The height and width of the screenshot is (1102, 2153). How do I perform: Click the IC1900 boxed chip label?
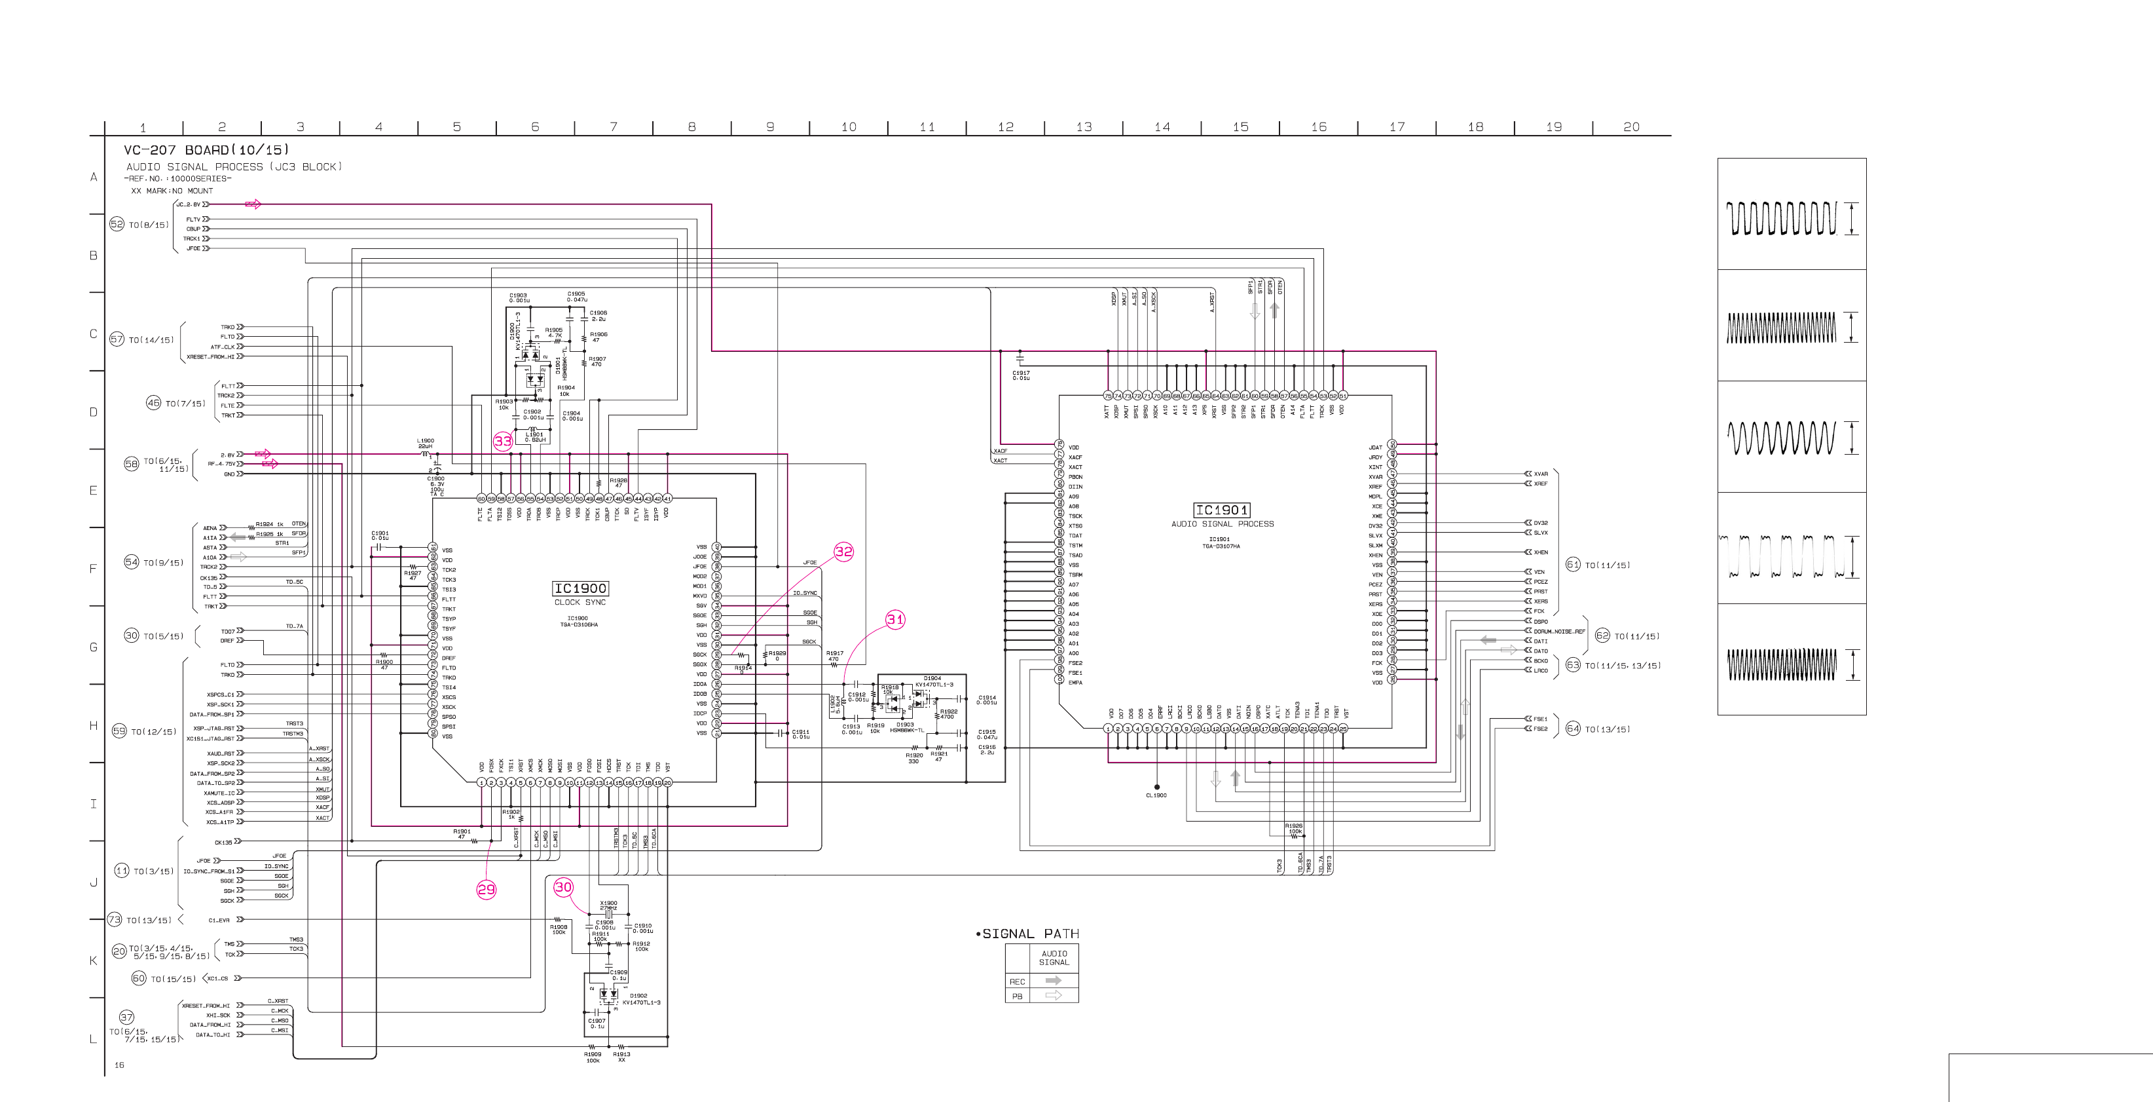point(580,588)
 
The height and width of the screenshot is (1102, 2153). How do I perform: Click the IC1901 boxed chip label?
point(1221,510)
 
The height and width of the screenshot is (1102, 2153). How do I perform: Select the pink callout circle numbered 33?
point(502,442)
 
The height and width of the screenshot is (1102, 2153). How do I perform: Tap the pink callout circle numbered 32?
point(844,552)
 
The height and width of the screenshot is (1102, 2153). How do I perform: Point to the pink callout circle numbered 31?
point(895,620)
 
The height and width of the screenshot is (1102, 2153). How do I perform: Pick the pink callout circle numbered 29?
point(487,890)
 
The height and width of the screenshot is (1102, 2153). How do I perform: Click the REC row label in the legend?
point(1016,981)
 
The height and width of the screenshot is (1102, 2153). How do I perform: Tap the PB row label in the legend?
point(1016,997)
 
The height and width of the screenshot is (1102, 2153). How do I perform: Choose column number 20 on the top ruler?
point(1630,127)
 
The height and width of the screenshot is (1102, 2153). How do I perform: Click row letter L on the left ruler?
point(94,1039)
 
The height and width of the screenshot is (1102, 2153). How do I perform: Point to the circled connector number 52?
point(117,224)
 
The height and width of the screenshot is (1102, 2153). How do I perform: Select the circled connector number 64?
point(1573,729)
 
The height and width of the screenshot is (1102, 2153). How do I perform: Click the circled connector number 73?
point(115,920)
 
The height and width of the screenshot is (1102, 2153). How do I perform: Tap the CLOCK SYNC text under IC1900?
point(580,603)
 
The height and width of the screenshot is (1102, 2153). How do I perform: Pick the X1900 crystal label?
point(608,903)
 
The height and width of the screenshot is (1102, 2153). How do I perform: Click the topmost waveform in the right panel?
point(1781,218)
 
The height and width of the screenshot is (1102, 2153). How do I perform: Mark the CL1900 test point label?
point(1156,796)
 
